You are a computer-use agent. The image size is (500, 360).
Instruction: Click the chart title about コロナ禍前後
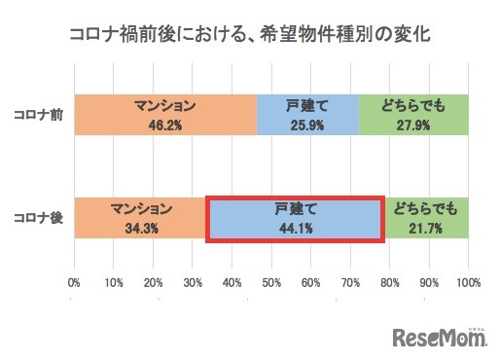(249, 34)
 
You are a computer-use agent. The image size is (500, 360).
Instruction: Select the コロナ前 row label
(38, 115)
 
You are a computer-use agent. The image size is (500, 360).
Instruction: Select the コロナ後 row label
(38, 216)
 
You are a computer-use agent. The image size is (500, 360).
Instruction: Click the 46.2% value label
(164, 124)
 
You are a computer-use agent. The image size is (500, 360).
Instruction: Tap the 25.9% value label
(307, 124)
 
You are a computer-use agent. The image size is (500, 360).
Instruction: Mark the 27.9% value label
(413, 124)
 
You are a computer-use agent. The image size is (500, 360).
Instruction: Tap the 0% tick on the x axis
(74, 283)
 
